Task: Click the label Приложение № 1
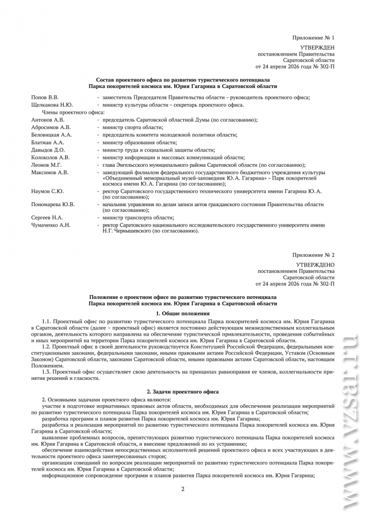[x=313, y=38]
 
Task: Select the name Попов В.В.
[x=45, y=97]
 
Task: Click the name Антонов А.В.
[x=48, y=119]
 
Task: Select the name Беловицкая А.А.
[x=52, y=134]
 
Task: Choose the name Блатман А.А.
[x=49, y=142]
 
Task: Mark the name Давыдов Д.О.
[x=48, y=149]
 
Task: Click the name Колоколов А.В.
[x=50, y=157]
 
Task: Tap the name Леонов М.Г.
[x=47, y=165]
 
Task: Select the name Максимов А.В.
[x=50, y=172]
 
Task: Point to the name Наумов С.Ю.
[x=47, y=191]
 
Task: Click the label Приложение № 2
[x=313, y=254]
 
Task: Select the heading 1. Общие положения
[x=182, y=313]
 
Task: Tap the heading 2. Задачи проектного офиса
[x=183, y=390]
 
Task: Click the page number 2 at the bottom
[x=183, y=489]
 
